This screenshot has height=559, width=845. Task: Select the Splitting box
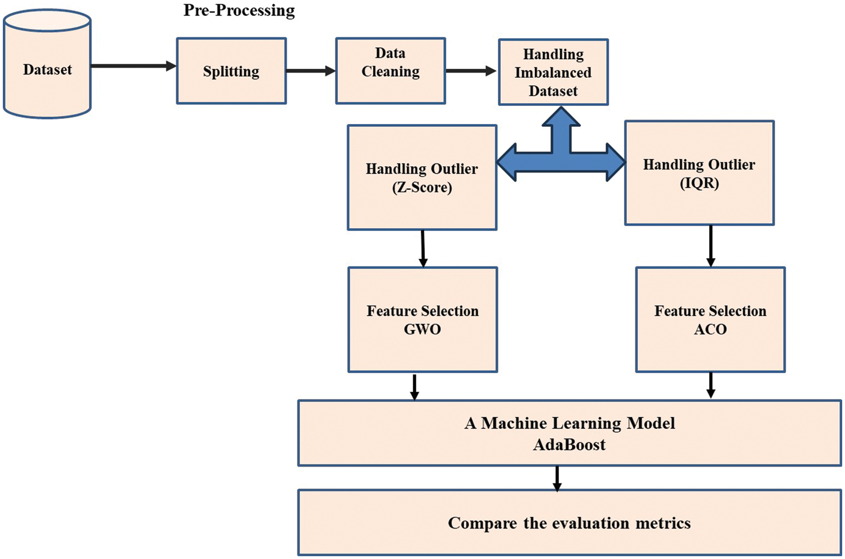point(232,71)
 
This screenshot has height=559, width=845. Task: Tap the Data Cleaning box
point(390,71)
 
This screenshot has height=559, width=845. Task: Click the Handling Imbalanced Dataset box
point(553,72)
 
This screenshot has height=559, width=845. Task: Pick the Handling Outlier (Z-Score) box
point(422,178)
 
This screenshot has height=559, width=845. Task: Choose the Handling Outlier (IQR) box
point(699,173)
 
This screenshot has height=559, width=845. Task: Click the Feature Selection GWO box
point(422,320)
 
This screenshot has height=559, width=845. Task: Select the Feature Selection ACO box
point(710,320)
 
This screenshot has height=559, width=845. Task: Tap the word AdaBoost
point(569,445)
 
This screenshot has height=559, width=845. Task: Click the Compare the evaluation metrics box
point(569,523)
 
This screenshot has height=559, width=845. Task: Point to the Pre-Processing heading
point(239,10)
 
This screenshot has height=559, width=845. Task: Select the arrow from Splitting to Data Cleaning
point(310,71)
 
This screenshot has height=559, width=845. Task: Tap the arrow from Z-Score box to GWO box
point(423,248)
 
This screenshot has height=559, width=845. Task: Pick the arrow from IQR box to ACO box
point(710,246)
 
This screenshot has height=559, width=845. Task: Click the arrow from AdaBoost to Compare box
point(557,478)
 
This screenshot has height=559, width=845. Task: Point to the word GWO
point(422,330)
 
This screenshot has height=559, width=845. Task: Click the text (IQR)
point(699,183)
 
